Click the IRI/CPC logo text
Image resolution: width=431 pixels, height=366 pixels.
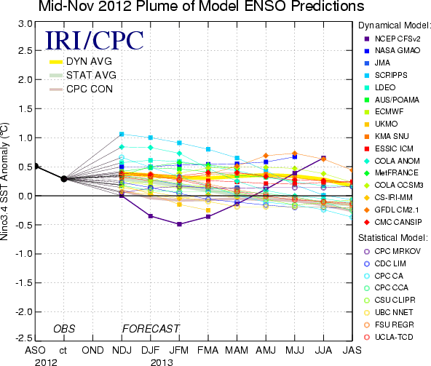pos(95,41)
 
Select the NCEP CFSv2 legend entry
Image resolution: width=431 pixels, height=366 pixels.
pos(392,39)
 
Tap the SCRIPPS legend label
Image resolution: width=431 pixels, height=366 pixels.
pos(391,75)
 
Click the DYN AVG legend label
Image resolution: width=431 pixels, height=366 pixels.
pos(89,61)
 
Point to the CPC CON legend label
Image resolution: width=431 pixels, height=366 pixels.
pos(90,89)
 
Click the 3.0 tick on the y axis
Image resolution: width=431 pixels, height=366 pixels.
pos(25,24)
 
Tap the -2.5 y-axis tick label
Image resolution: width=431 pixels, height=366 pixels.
pos(23,338)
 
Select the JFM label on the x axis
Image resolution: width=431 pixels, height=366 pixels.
pos(179,350)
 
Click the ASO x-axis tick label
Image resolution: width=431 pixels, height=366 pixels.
pos(35,350)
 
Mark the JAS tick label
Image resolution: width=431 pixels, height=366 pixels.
pos(352,350)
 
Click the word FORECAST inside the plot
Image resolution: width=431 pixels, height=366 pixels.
pos(151,329)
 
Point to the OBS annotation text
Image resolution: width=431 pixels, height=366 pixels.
pos(64,329)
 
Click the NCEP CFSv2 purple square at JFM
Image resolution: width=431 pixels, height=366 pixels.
pos(179,224)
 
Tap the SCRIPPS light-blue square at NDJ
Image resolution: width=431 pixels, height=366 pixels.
pos(122,134)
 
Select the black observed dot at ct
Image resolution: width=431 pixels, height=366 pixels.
pos(64,179)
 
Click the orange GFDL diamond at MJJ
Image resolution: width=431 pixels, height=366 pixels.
pos(295,154)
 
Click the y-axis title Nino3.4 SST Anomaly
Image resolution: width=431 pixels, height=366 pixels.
pos(4,182)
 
